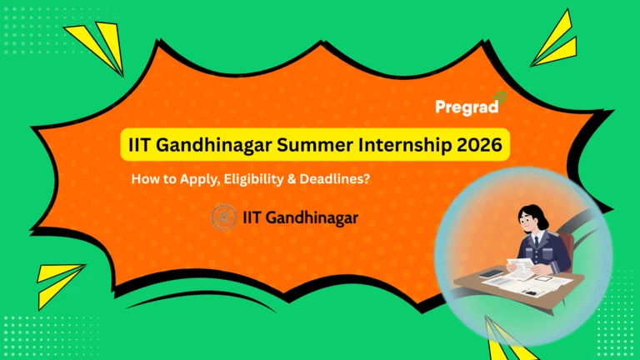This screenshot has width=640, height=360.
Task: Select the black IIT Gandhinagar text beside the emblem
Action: tap(297, 217)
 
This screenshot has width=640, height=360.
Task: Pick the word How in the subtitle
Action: tap(144, 177)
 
